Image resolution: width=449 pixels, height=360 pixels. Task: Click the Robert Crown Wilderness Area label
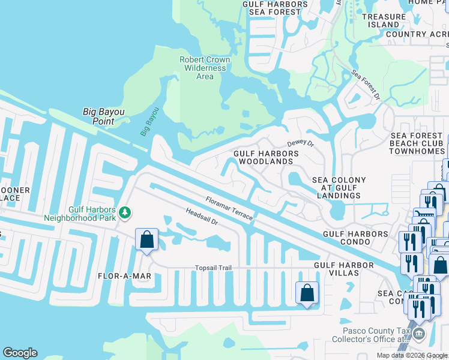pyautogui.click(x=205, y=68)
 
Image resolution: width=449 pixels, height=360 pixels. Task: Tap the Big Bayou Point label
pyautogui.click(x=98, y=116)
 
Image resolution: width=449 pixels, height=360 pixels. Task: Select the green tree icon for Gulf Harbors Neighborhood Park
pyautogui.click(x=125, y=212)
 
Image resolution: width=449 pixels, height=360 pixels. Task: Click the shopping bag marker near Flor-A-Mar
pyautogui.click(x=147, y=240)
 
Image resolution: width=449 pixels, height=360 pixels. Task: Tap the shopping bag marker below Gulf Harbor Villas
pyautogui.click(x=307, y=293)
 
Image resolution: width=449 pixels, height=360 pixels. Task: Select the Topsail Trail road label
pyautogui.click(x=213, y=268)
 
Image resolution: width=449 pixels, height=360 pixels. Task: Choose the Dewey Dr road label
pyautogui.click(x=300, y=143)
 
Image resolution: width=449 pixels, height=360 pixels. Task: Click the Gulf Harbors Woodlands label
pyautogui.click(x=266, y=158)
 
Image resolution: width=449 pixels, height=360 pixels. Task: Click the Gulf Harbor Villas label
pyautogui.click(x=336, y=269)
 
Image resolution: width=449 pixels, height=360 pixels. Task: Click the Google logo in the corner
pyautogui.click(x=20, y=353)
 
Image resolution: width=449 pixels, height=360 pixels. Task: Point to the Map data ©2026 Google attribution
pyautogui.click(x=412, y=355)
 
